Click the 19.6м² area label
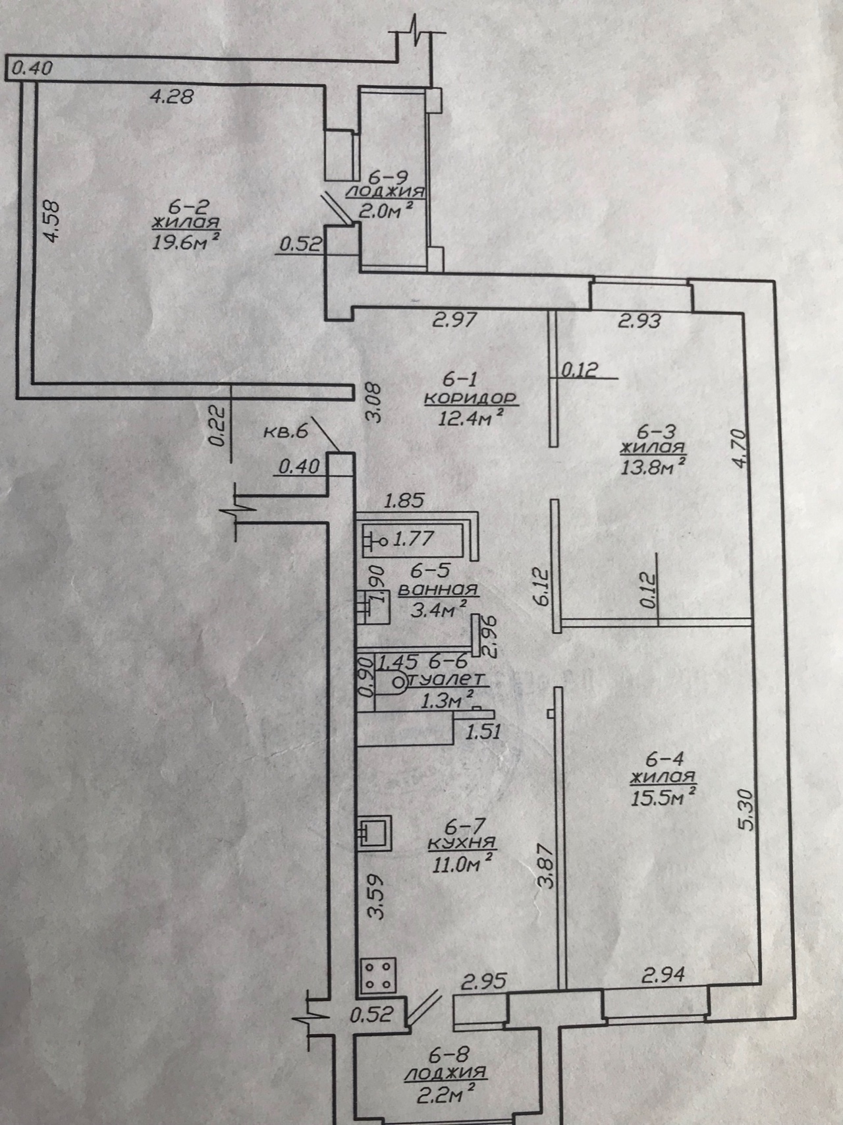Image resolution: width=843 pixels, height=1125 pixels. [185, 243]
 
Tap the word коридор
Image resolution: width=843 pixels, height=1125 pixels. [470, 399]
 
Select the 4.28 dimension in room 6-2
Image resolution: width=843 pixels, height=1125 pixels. [172, 97]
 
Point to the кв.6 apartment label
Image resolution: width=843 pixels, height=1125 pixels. [286, 432]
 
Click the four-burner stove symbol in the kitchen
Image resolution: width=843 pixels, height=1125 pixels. [377, 975]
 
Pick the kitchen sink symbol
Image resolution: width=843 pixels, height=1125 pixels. [375, 833]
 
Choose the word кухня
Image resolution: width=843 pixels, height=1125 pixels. [461, 843]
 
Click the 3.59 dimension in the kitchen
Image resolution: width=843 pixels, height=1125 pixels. [376, 896]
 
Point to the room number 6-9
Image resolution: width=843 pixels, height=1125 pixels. [388, 177]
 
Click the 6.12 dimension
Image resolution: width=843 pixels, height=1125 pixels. [543, 588]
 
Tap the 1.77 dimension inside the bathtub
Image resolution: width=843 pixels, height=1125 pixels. [413, 539]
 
